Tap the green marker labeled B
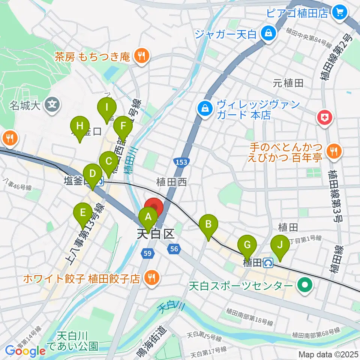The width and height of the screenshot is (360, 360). tap(208, 225)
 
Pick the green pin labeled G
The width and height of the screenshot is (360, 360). tap(247, 245)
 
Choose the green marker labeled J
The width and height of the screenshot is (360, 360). tap(279, 245)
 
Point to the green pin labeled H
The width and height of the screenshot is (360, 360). tap(79, 126)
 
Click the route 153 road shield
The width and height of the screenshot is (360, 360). tap(181, 161)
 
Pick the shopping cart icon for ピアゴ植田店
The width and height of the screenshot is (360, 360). tap(340, 13)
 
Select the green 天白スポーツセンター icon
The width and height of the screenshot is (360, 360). tap(304, 286)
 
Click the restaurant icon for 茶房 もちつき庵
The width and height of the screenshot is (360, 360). tap(141, 57)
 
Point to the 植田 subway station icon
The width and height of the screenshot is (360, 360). tap(268, 263)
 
